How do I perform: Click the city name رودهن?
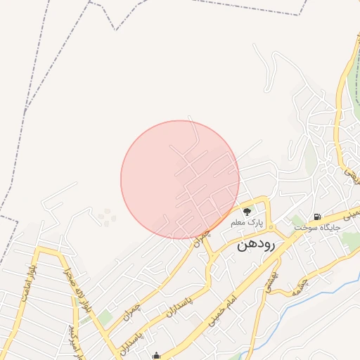[x=258, y=244]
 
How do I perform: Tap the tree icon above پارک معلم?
[x=247, y=210]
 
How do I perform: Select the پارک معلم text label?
[x=247, y=222]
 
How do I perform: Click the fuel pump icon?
[x=318, y=217]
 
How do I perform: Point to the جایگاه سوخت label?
[x=317, y=228]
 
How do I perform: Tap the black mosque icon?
[x=156, y=356]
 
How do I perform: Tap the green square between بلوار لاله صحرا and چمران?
[x=105, y=319]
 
